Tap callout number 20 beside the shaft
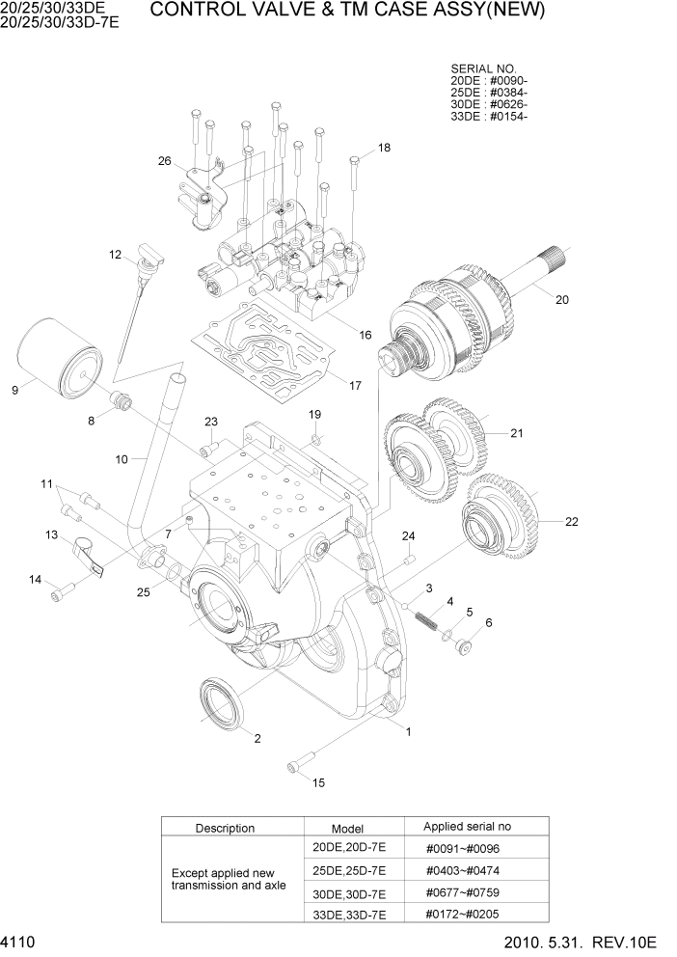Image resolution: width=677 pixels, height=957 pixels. pos(562,299)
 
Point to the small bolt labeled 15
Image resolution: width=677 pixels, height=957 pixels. pos(294,767)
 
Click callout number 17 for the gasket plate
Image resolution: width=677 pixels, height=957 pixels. pos(355,386)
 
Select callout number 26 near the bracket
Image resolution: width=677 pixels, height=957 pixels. pos(164,161)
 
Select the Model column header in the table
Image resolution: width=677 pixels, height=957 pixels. pos(347,828)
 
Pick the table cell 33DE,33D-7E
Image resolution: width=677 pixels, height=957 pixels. pos(347,914)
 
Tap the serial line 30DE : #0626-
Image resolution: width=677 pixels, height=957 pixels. pos(489,104)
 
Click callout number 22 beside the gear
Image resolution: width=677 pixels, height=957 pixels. pos(571,522)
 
